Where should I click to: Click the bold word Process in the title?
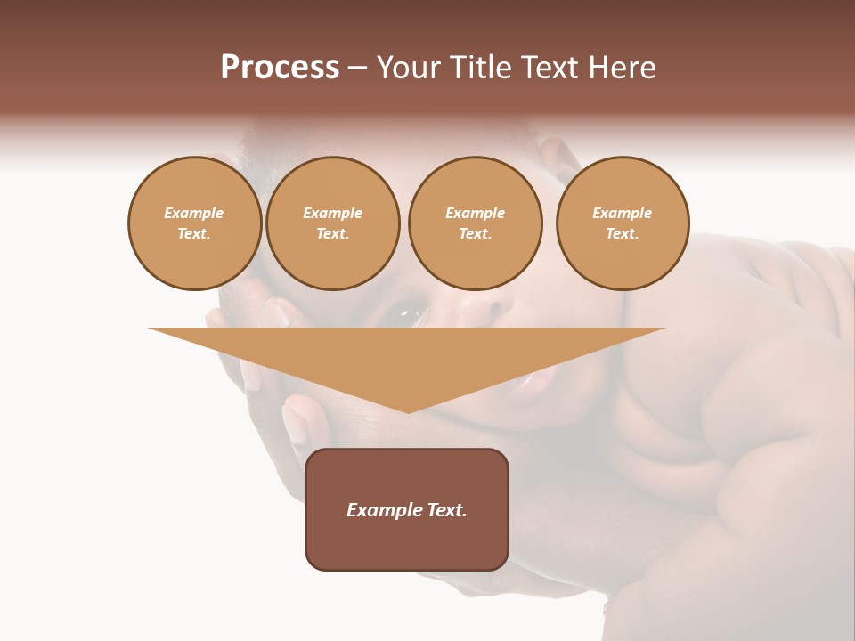[280, 68]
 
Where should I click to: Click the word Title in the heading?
[479, 68]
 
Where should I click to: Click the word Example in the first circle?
[194, 213]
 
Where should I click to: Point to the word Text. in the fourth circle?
[623, 233]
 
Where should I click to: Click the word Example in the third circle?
[475, 213]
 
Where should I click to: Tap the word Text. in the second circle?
[333, 233]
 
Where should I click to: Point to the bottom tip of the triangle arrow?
[408, 411]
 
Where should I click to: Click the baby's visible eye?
[411, 312]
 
